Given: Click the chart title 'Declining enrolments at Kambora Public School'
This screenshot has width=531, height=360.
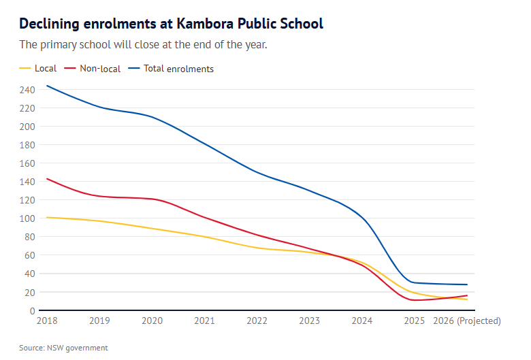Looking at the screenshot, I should (x=171, y=24).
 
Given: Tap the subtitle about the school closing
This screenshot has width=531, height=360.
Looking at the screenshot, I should (x=143, y=45).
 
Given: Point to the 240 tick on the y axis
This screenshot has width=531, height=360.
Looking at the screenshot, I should (x=27, y=90).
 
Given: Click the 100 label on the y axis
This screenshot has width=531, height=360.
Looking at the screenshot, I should (x=27, y=218).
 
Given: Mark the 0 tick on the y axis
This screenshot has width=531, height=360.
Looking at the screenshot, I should (x=31, y=311).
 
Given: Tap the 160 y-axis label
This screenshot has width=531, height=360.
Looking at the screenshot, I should (x=27, y=163).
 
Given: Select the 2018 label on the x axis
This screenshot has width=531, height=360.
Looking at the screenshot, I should (x=47, y=321).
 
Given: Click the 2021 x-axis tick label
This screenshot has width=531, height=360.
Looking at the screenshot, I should (x=204, y=321).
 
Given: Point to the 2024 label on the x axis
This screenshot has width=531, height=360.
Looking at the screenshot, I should (x=361, y=321).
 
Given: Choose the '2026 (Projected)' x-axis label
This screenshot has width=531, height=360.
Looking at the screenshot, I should (x=467, y=321).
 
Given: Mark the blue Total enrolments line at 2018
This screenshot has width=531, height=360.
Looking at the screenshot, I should (x=47, y=86).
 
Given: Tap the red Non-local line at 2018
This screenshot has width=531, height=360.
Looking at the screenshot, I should (x=47, y=179).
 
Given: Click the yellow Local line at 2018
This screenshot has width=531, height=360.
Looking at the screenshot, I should (x=47, y=217).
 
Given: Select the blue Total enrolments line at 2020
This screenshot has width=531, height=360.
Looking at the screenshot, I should (x=152, y=117).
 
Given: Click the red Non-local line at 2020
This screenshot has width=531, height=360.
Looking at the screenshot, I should (x=152, y=199).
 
